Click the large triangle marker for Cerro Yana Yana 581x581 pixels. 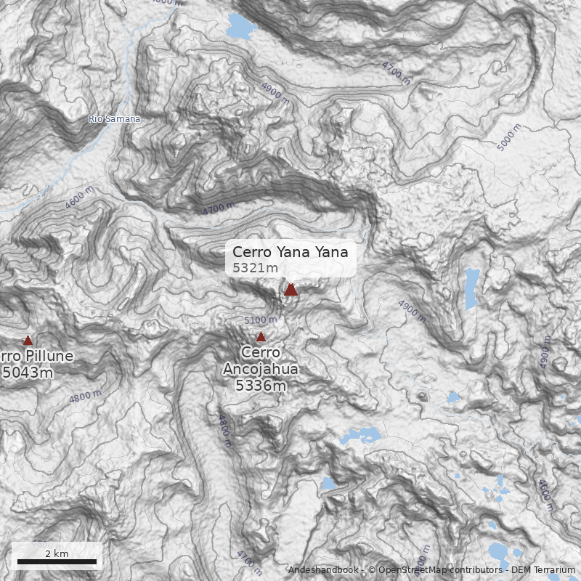click(x=290, y=289)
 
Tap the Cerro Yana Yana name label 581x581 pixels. click(x=290, y=252)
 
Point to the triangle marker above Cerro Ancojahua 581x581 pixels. click(x=261, y=336)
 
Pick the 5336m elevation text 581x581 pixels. click(x=261, y=385)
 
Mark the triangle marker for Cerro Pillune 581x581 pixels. click(x=28, y=340)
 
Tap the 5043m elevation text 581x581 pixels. click(x=28, y=373)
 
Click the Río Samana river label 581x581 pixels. click(x=114, y=118)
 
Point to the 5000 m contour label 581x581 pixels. click(x=509, y=137)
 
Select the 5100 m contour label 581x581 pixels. click(x=260, y=320)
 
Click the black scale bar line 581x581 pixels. click(x=57, y=561)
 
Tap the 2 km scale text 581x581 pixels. click(x=57, y=553)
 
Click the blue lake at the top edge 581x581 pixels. click(x=240, y=25)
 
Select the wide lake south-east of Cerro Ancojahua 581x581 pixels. click(x=361, y=436)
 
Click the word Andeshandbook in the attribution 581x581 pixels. click(x=322, y=570)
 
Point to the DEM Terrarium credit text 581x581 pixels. click(x=543, y=570)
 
